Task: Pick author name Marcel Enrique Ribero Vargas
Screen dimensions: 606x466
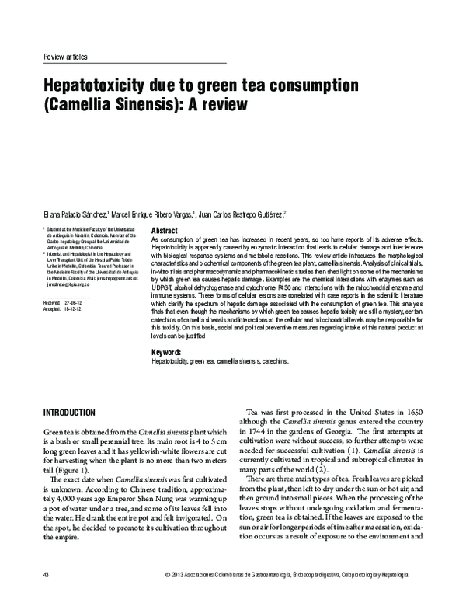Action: (x=152, y=214)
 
